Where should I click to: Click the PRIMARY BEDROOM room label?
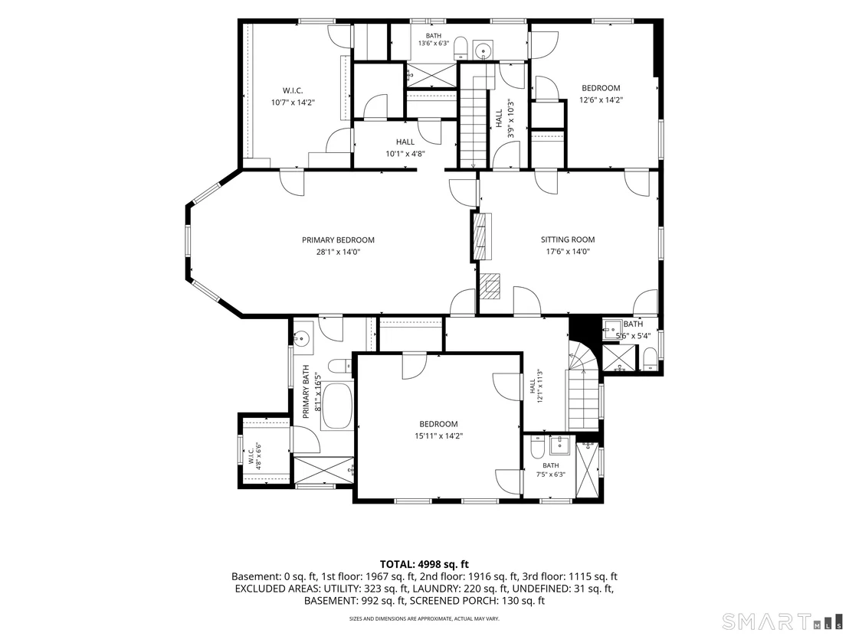click(x=338, y=240)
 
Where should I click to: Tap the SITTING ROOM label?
click(x=568, y=240)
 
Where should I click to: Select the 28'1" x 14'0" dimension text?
click(x=338, y=252)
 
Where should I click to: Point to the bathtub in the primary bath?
click(x=337, y=406)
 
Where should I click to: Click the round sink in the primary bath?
click(x=302, y=338)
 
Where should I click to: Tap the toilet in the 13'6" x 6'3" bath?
click(x=461, y=47)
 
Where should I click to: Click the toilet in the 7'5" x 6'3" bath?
click(x=537, y=447)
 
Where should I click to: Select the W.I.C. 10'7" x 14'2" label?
click(x=293, y=96)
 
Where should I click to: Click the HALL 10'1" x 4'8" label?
click(x=405, y=147)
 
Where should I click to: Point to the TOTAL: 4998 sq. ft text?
click(x=424, y=565)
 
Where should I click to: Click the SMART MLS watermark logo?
click(x=783, y=620)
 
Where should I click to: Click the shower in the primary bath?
click(x=323, y=470)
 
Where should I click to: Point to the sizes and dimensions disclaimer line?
click(x=424, y=618)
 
